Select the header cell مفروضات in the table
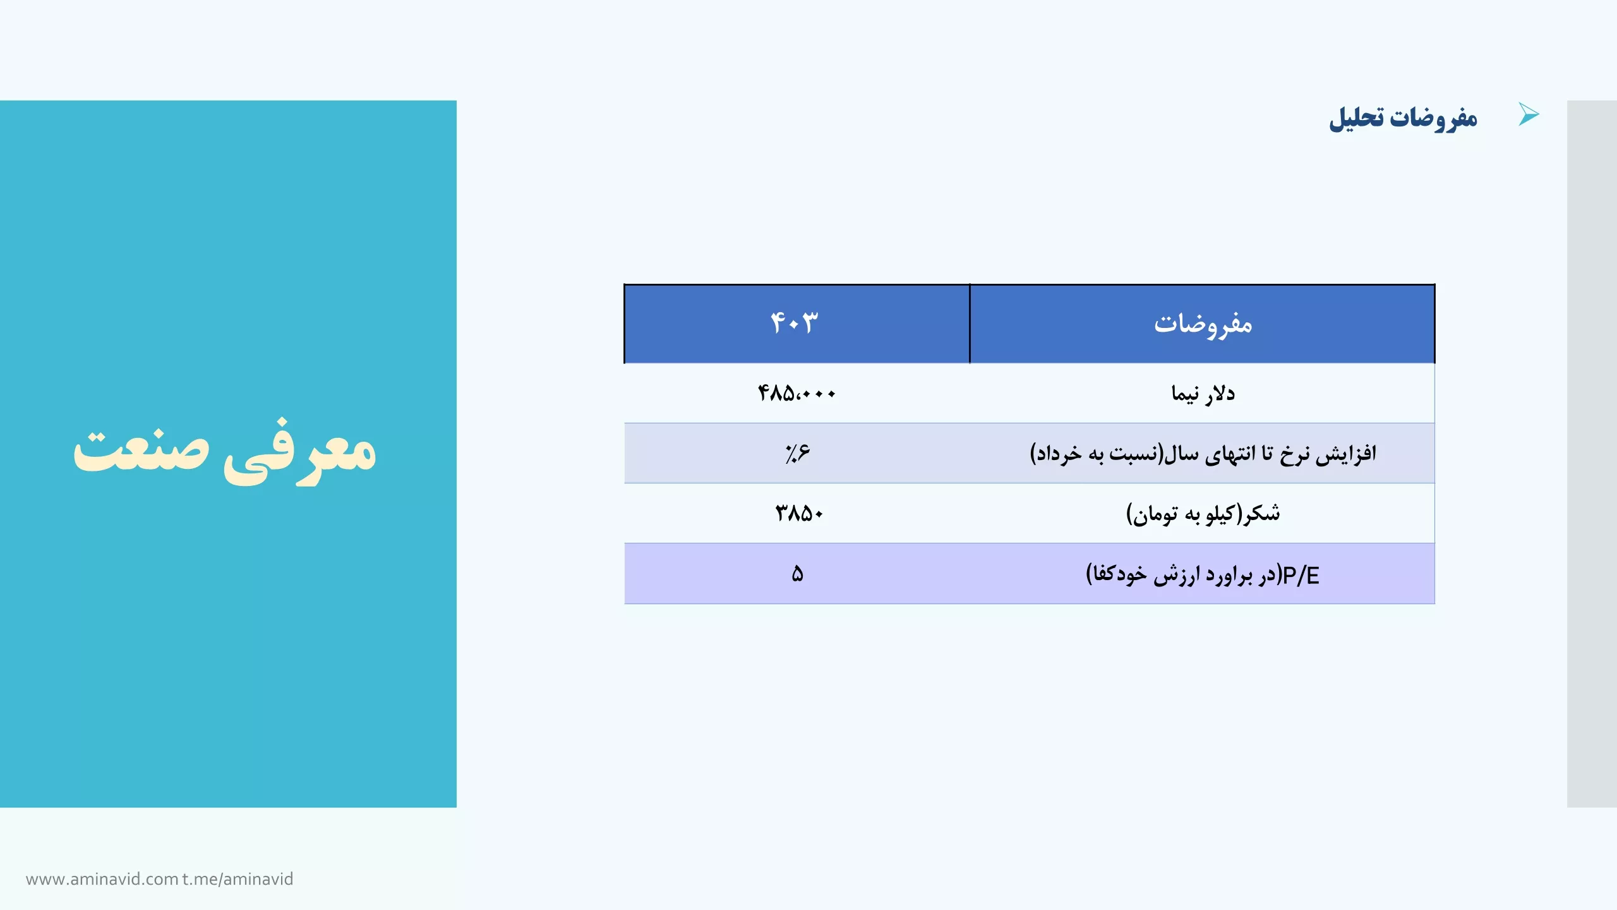tap(1203, 324)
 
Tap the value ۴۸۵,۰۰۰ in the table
tap(796, 393)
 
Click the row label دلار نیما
tap(1203, 393)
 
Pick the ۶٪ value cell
tap(797, 452)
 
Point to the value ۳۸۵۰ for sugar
tap(799, 513)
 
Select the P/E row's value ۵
tap(797, 574)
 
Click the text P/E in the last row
tap(1301, 575)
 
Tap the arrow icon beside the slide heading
tap(1529, 114)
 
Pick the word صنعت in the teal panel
tap(141, 449)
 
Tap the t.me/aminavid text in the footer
tap(238, 879)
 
